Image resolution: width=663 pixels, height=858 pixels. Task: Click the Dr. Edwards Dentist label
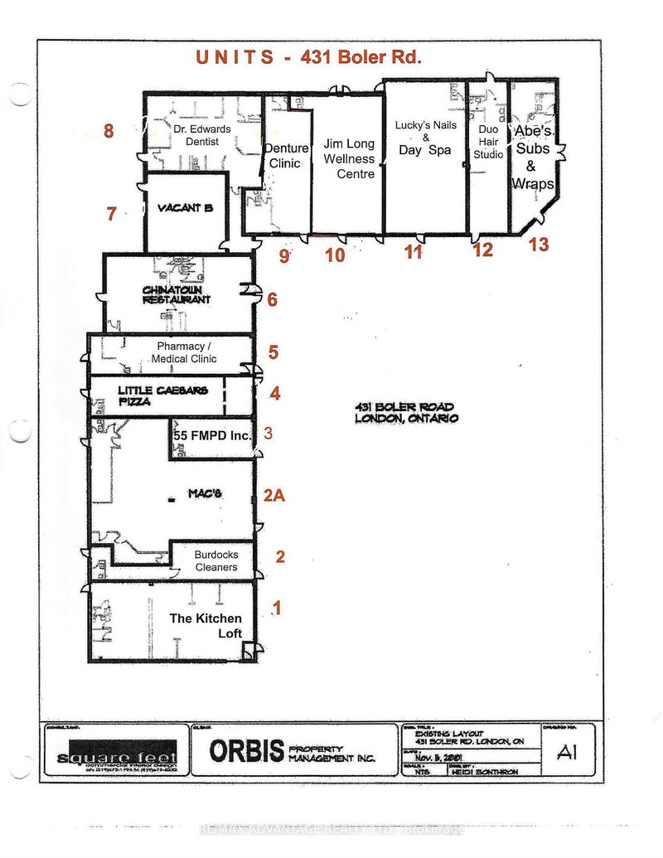196,136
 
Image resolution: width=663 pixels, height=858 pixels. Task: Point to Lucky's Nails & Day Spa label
425,138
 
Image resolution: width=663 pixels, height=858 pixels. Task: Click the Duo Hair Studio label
488,142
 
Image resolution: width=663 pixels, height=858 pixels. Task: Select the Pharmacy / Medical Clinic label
184,352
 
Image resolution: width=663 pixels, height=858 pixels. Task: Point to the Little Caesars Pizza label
162,395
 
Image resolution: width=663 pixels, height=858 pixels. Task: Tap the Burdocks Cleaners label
215,561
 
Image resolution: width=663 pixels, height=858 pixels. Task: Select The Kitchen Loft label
206,626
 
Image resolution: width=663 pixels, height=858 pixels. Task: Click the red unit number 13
539,245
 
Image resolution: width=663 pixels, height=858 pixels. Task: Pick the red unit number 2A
274,496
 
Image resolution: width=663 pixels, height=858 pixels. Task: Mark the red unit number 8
108,130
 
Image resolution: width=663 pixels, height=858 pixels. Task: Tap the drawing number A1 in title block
566,752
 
